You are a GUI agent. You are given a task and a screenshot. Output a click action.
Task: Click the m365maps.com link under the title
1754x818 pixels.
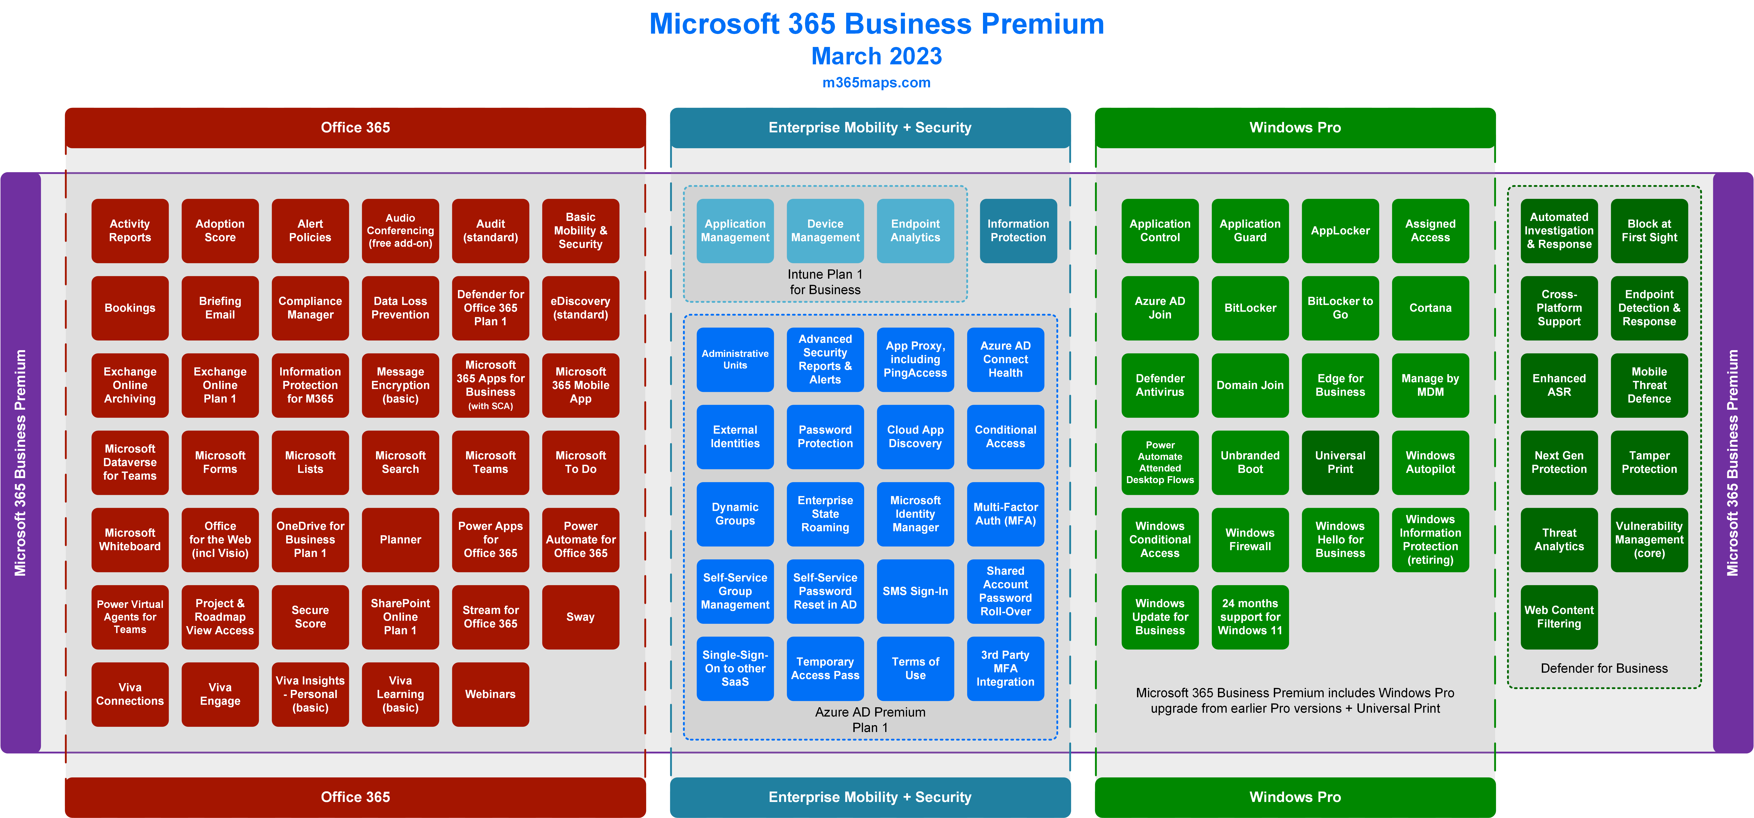tap(876, 82)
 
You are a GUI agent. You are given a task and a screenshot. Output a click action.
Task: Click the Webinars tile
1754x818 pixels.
tap(490, 694)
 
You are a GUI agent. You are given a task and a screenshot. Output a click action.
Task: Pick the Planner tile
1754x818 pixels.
tap(400, 539)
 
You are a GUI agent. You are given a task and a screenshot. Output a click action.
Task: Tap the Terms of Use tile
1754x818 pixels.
tap(915, 668)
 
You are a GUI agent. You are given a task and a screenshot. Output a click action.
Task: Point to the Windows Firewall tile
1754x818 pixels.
tap(1250, 539)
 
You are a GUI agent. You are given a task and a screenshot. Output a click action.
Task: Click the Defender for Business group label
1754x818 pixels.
tap(1604, 668)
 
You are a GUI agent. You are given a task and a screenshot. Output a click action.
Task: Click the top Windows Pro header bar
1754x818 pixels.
tap(1295, 127)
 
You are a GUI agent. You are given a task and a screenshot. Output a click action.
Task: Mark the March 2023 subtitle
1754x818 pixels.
tap(876, 56)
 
